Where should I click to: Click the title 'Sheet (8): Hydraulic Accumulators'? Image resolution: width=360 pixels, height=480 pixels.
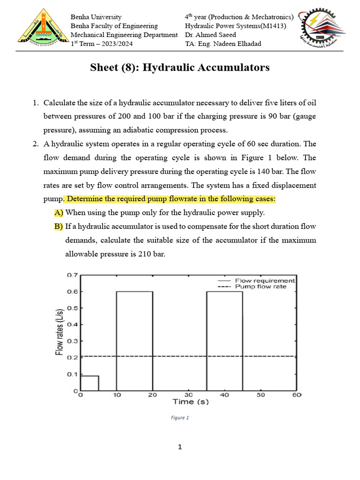180,67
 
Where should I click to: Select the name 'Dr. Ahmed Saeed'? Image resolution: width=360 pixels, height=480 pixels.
210,35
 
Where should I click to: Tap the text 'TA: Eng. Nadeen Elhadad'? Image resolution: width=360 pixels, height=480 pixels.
223,44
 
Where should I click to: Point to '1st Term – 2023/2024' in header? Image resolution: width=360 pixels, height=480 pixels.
101,44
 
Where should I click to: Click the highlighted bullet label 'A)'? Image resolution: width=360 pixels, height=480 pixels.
59,213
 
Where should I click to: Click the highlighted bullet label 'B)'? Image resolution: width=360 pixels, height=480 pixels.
59,226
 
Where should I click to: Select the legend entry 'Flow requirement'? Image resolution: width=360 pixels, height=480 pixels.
265,280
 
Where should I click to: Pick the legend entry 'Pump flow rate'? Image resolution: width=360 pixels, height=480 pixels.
260,286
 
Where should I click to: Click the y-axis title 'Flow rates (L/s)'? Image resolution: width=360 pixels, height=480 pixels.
60,332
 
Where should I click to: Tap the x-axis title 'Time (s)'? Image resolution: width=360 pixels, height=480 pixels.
190,402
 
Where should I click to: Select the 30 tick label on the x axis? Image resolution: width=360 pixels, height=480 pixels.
188,395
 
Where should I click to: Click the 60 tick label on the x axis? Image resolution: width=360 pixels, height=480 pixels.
296,395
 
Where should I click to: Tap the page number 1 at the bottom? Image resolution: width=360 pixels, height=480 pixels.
180,447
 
